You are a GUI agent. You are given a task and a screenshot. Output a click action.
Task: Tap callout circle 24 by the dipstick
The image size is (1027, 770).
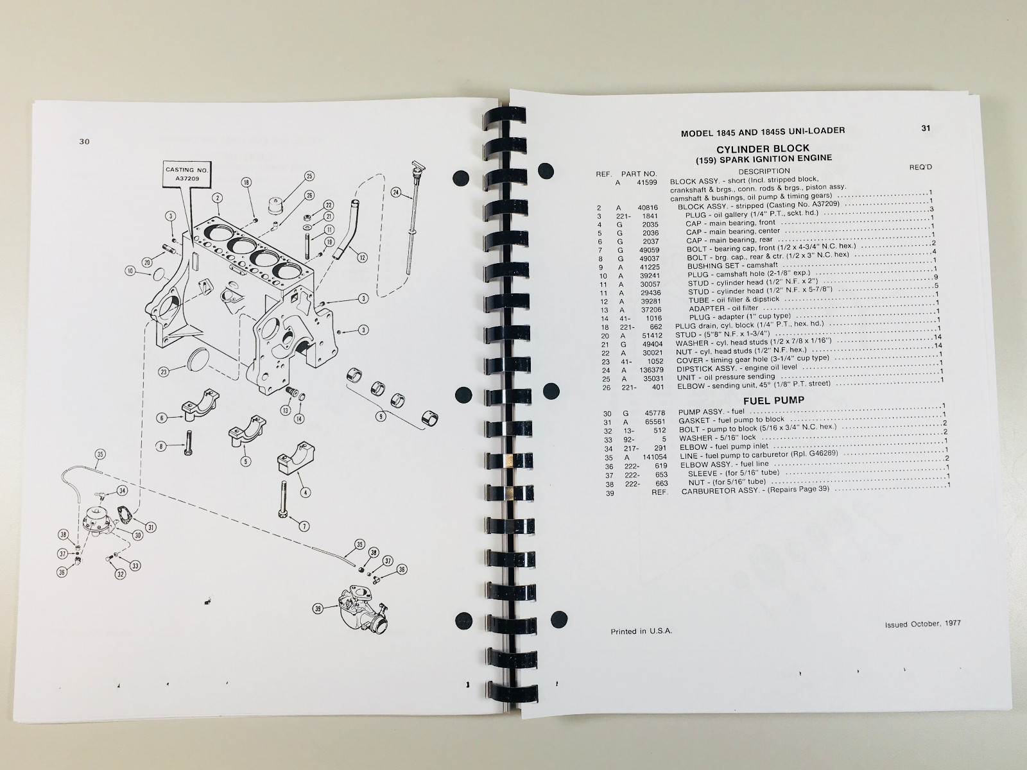[396, 192]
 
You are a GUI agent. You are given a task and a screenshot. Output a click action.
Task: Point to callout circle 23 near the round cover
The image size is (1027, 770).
[164, 371]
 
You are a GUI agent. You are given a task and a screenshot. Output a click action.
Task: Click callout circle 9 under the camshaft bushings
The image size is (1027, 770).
[382, 416]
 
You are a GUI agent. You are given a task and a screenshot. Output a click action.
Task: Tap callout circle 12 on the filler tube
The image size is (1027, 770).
[362, 258]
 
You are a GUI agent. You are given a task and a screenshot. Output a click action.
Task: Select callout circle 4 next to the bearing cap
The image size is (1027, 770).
[306, 493]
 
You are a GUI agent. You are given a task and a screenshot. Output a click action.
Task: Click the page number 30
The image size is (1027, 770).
[84, 142]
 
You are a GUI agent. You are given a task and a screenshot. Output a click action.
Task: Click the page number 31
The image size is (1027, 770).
[926, 128]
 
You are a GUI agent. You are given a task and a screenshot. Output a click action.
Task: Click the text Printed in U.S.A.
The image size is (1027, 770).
[641, 631]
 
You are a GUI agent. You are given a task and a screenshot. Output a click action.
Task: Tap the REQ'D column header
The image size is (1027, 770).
[920, 167]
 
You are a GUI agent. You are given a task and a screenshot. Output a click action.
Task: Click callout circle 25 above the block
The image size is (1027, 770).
[309, 176]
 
